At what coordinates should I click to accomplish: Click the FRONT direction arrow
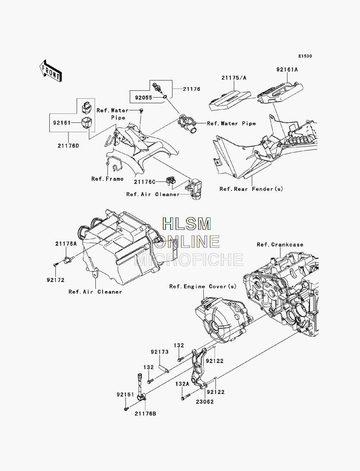pyautogui.click(x=51, y=71)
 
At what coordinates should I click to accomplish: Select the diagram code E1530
pyautogui.click(x=305, y=56)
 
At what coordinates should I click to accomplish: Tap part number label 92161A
pyautogui.click(x=287, y=70)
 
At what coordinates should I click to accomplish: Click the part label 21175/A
pyautogui.click(x=234, y=78)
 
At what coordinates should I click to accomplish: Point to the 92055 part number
pyautogui.click(x=144, y=98)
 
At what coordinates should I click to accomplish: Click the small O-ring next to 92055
pyautogui.click(x=165, y=97)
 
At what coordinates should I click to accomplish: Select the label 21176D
pyautogui.click(x=68, y=146)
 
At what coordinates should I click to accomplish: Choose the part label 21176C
pyautogui.click(x=145, y=182)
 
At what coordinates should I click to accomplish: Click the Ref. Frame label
pyautogui.click(x=108, y=179)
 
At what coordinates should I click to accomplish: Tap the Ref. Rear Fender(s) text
pyautogui.click(x=251, y=189)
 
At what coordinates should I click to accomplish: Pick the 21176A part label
pyautogui.click(x=66, y=244)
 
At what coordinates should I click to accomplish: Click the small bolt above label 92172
pyautogui.click(x=55, y=265)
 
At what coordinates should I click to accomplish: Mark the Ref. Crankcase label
pyautogui.click(x=280, y=245)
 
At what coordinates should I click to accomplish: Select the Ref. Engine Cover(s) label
pyautogui.click(x=203, y=287)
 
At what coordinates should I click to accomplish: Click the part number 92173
pyautogui.click(x=159, y=352)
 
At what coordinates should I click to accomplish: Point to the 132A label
pyautogui.click(x=182, y=384)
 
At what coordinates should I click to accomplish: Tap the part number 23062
pyautogui.click(x=205, y=402)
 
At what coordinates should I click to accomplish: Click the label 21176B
pyautogui.click(x=145, y=414)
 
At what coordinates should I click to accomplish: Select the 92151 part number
pyautogui.click(x=125, y=395)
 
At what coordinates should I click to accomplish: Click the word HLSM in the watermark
pyautogui.click(x=186, y=224)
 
